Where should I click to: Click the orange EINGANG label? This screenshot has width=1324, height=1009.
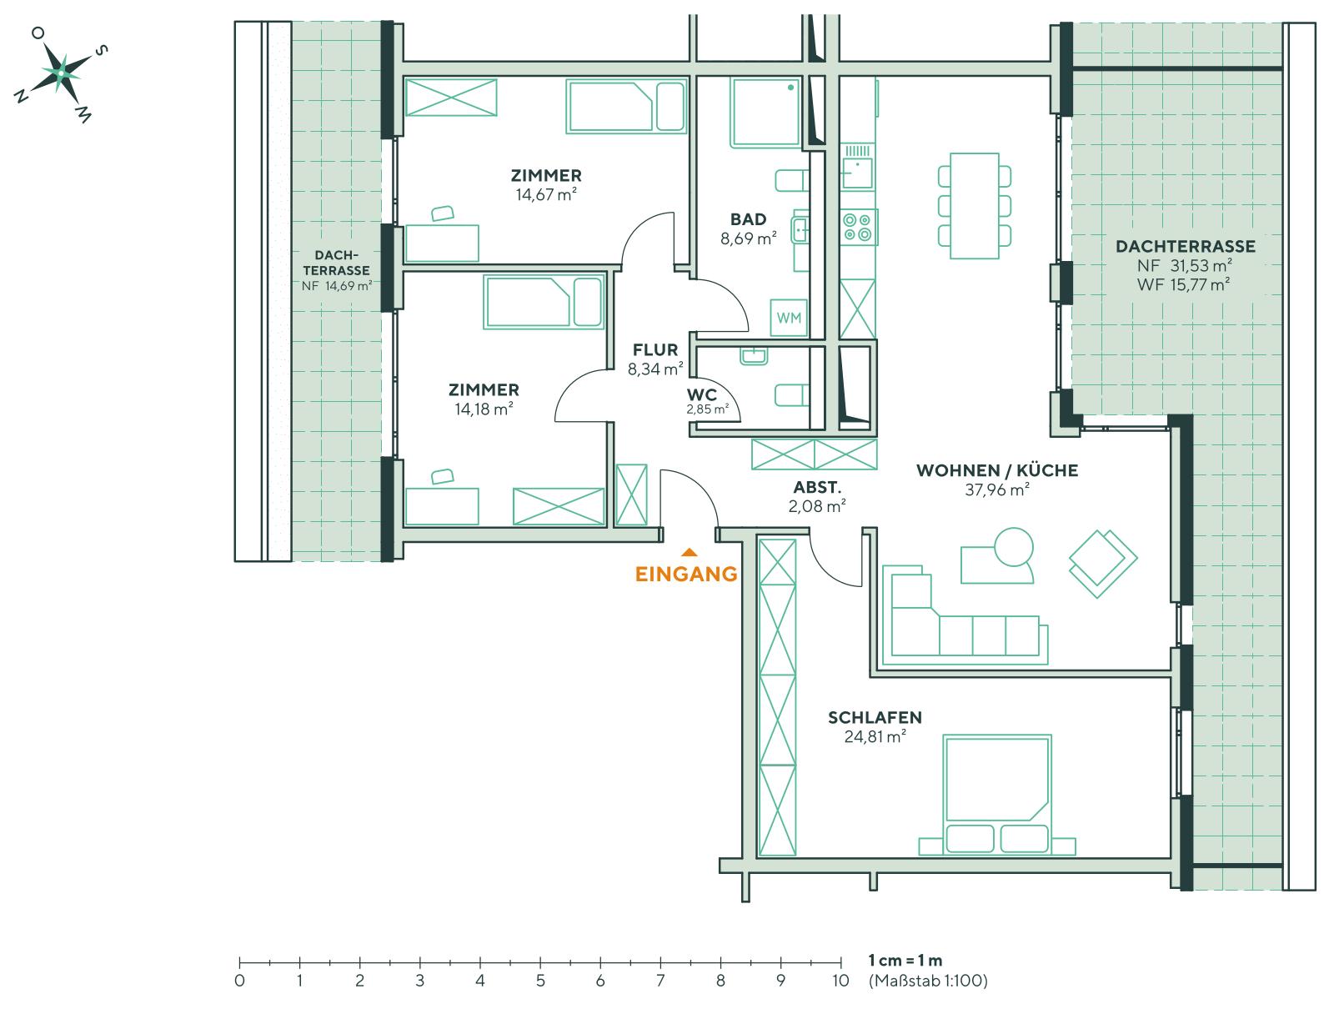(x=686, y=574)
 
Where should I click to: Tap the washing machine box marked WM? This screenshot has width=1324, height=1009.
(x=789, y=318)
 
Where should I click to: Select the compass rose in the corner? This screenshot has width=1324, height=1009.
(x=60, y=73)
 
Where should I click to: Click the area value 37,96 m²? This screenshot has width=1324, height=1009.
(x=996, y=490)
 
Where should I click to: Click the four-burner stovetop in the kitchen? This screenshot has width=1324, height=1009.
(x=859, y=227)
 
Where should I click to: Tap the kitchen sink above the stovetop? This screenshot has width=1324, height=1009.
(x=857, y=170)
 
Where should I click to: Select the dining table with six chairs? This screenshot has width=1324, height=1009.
(x=974, y=205)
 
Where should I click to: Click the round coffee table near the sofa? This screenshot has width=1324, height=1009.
(x=1014, y=548)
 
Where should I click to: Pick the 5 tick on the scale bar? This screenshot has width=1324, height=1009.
(x=540, y=963)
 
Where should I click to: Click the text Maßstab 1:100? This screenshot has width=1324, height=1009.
(x=927, y=981)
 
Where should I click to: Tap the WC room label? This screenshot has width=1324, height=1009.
(x=701, y=395)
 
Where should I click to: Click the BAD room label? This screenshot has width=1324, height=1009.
(x=748, y=219)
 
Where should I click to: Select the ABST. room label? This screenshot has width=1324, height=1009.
(x=817, y=489)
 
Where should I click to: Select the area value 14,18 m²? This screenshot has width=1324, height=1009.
(x=484, y=409)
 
